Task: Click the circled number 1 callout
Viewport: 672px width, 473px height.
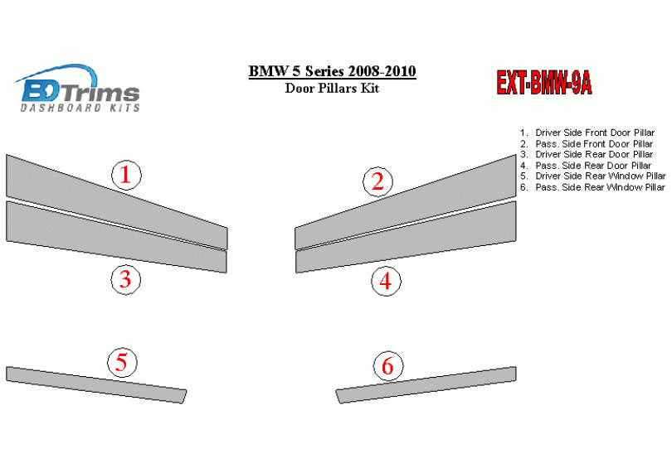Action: pyautogui.click(x=126, y=175)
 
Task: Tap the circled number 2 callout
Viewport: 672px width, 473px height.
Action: pyautogui.click(x=377, y=182)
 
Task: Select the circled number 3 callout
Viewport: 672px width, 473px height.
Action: pyautogui.click(x=125, y=279)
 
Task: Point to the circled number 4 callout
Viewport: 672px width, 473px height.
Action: pyautogui.click(x=386, y=281)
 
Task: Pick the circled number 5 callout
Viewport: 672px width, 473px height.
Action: pyautogui.click(x=122, y=363)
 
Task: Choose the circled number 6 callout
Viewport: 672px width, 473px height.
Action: pyautogui.click(x=388, y=366)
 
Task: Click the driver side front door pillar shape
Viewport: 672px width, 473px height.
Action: pyautogui.click(x=117, y=202)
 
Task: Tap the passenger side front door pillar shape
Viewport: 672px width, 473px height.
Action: pyautogui.click(x=406, y=202)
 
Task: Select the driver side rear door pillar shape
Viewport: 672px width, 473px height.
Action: pyautogui.click(x=117, y=237)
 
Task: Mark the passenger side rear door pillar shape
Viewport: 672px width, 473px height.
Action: pyautogui.click(x=406, y=237)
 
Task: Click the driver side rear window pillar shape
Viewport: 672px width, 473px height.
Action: pyautogui.click(x=96, y=385)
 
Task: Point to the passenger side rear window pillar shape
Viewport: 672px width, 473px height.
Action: pyautogui.click(x=426, y=385)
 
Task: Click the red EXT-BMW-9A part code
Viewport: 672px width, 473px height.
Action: pyautogui.click(x=544, y=82)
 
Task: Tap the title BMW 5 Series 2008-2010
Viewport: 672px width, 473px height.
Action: pyautogui.click(x=332, y=71)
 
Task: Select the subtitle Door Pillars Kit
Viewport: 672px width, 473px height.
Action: pyautogui.click(x=332, y=88)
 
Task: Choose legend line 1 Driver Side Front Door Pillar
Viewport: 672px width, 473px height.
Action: pyautogui.click(x=587, y=133)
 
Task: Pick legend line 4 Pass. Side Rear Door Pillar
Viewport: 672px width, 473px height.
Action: pyautogui.click(x=586, y=166)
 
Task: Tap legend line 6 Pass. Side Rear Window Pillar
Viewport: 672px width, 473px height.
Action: pyautogui.click(x=592, y=187)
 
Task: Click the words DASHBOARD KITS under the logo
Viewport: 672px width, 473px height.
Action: pyautogui.click(x=80, y=108)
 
